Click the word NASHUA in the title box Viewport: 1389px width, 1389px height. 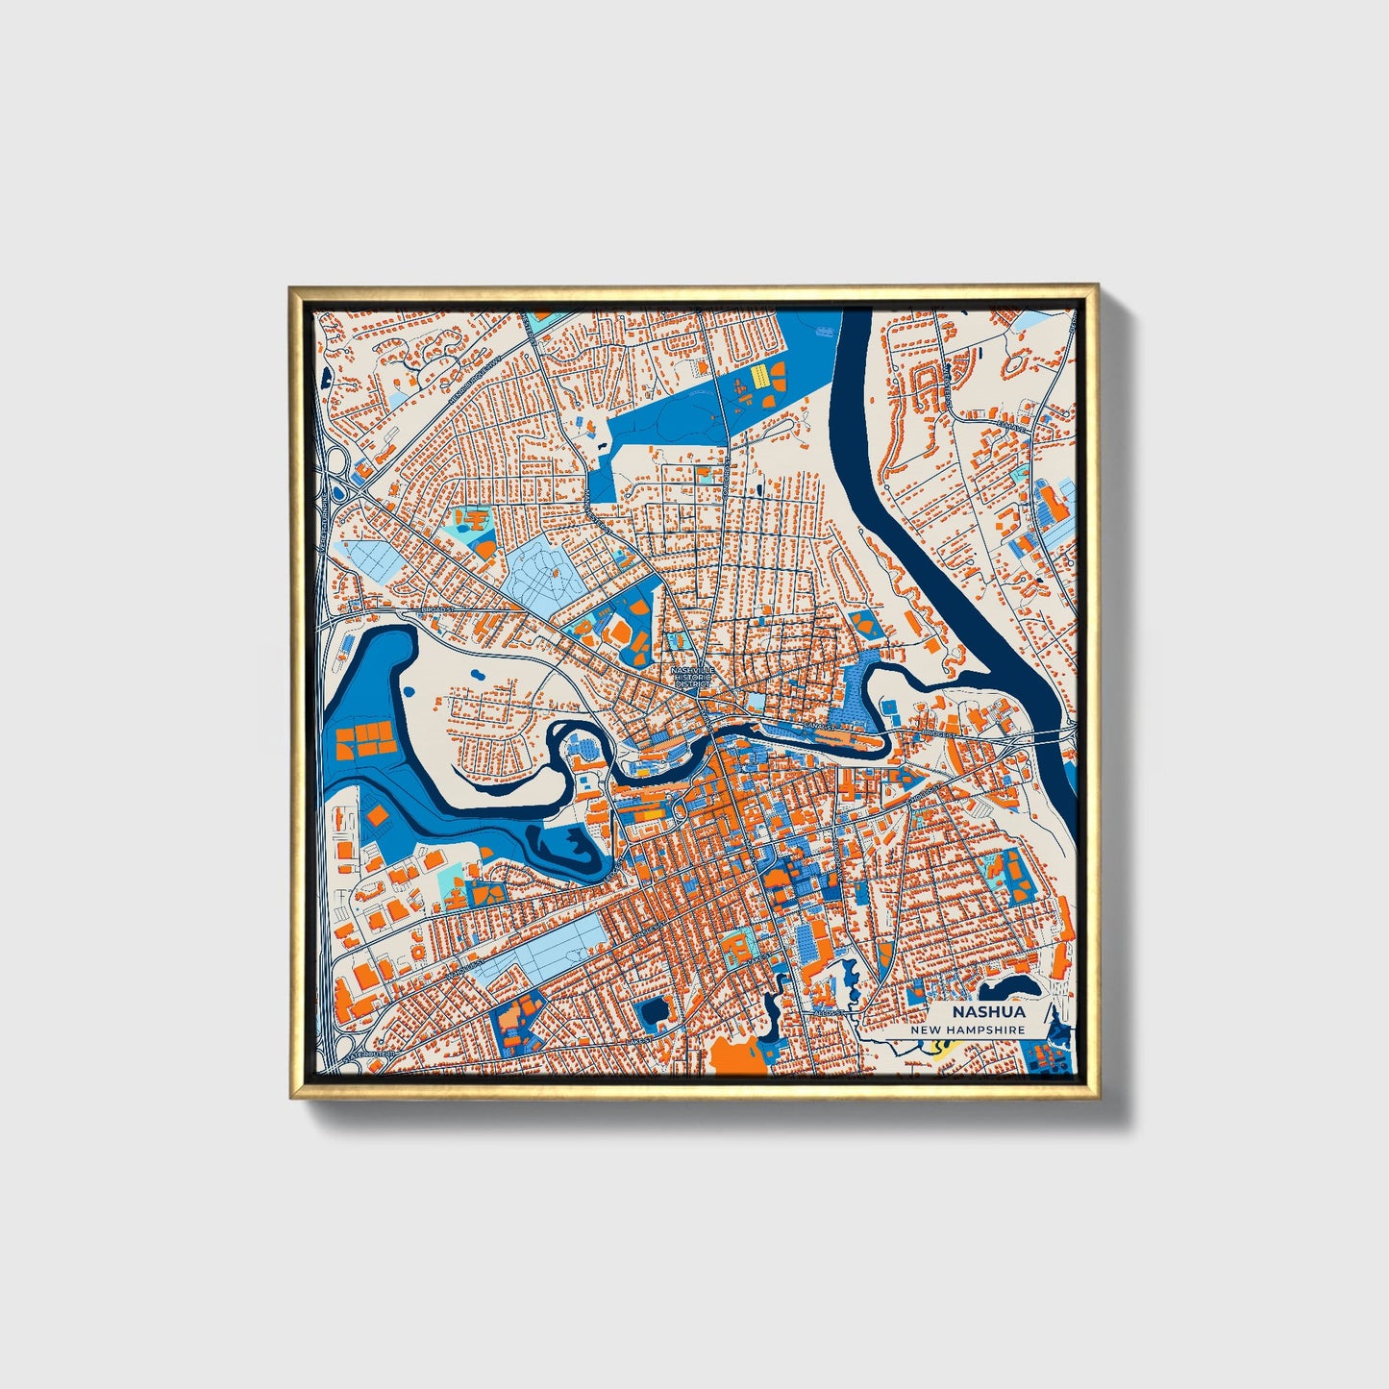[989, 1012]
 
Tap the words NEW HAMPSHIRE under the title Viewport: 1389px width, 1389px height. [968, 1030]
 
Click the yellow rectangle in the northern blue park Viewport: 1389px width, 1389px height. [759, 376]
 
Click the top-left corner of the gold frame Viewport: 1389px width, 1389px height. [291, 288]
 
